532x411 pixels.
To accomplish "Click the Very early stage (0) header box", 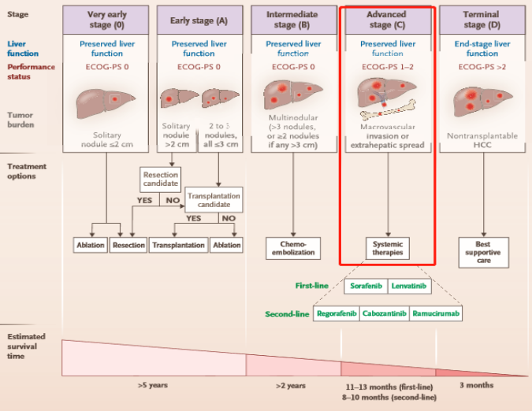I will [x=106, y=20].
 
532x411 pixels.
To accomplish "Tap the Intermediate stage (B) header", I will [x=292, y=20].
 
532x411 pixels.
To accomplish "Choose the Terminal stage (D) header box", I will [x=482, y=20].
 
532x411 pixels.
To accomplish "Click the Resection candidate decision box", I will [x=161, y=179].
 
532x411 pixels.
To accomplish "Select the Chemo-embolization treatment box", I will [x=292, y=247].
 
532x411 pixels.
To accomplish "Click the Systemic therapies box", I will [x=387, y=247].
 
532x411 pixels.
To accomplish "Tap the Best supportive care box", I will [x=482, y=252].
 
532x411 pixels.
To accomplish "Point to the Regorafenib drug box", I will [x=337, y=313].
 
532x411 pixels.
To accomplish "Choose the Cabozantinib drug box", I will [x=385, y=313].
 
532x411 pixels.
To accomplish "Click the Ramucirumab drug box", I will [x=435, y=313].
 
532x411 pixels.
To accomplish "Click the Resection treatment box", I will [x=129, y=245].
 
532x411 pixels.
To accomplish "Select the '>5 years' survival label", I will [x=153, y=385].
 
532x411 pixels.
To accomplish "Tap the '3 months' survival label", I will [x=476, y=385].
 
